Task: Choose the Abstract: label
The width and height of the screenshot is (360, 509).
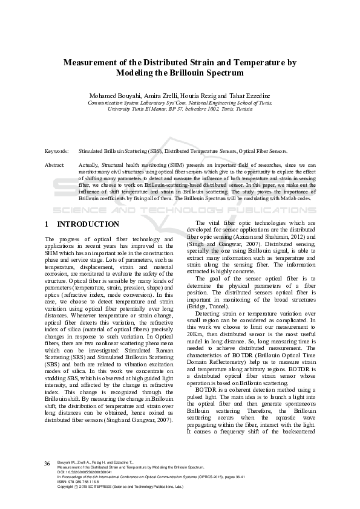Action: pyautogui.click(x=55, y=165)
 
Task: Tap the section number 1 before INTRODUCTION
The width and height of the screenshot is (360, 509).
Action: pyautogui.click(x=47, y=224)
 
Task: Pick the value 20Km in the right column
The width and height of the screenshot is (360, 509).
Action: pyautogui.click(x=195, y=334)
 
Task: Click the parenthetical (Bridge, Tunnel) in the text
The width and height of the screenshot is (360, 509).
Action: pyautogui.click(x=209, y=307)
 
